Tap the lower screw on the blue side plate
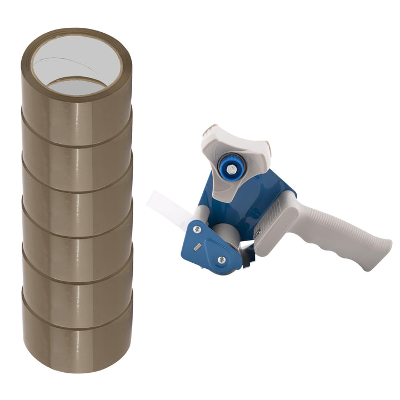(x=221, y=259)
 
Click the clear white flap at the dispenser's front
(x=167, y=208)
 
